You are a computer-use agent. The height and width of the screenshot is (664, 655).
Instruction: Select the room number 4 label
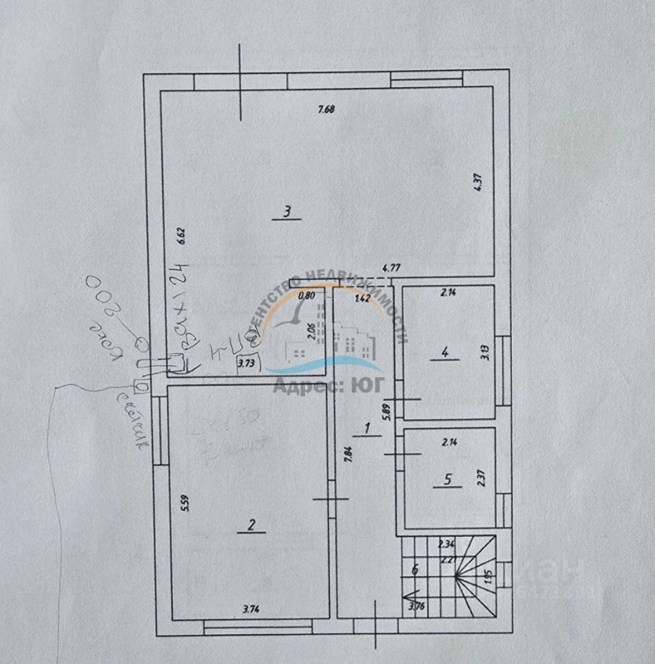coord(445,353)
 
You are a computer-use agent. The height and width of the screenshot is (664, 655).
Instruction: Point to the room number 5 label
coord(448,478)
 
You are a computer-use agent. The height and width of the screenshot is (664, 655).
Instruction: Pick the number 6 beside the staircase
coord(415,570)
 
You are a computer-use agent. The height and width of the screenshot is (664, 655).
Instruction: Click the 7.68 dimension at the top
coord(326,109)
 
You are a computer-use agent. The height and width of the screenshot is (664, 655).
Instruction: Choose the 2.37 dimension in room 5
coord(481,479)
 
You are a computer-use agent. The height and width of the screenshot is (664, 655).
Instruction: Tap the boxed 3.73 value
coord(247,362)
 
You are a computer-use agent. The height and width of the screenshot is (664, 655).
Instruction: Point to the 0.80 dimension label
coord(305,295)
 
